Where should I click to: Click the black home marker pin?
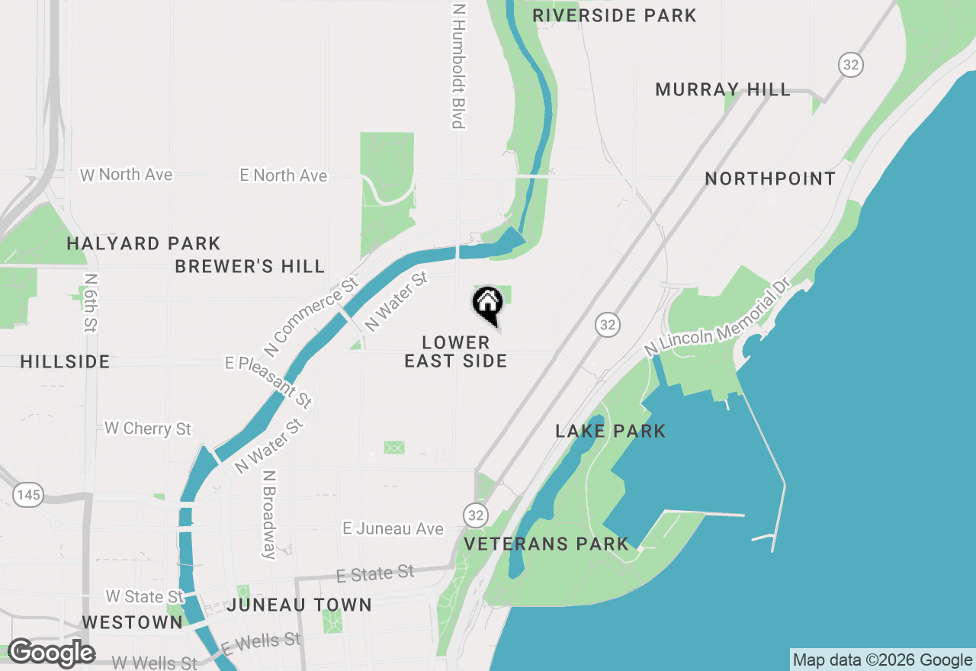(488, 304)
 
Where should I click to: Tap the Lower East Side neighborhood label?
(456, 352)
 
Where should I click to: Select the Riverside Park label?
(615, 15)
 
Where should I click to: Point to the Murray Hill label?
(723, 89)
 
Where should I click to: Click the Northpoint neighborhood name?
(770, 178)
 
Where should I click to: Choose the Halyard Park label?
(143, 244)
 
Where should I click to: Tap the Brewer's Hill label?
(249, 266)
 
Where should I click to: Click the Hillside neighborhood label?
(66, 361)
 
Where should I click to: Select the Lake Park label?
(610, 431)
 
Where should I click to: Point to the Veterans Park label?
(547, 544)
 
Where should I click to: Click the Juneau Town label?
(299, 605)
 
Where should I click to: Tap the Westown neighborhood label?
(132, 622)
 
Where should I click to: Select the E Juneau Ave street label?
(393, 528)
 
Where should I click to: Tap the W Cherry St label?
(148, 429)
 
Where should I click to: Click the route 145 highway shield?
(27, 495)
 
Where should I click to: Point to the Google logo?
(52, 653)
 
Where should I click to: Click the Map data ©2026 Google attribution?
(883, 660)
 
